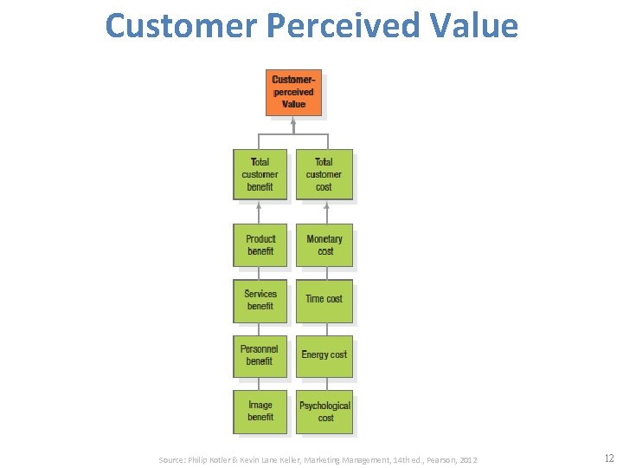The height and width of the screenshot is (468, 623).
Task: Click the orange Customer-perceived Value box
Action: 293,92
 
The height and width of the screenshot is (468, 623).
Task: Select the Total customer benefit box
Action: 260,174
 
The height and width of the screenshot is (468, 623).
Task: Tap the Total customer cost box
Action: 324,174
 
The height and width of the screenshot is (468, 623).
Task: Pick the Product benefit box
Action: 260,245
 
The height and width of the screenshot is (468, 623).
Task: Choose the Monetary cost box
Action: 324,245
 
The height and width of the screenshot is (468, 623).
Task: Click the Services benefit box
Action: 260,300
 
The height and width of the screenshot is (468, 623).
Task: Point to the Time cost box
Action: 324,300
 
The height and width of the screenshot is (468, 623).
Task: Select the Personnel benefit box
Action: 260,355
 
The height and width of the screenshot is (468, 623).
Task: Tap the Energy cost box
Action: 324,355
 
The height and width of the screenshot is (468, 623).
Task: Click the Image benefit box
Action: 260,411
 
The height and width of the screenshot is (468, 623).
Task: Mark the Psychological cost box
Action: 324,411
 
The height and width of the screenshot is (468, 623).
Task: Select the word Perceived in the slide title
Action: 350,26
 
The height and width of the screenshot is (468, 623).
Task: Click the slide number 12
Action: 609,458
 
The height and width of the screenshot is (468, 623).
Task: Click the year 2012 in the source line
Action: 468,459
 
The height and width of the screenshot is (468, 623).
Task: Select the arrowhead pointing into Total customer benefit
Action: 259,206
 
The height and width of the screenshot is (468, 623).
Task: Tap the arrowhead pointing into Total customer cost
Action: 325,206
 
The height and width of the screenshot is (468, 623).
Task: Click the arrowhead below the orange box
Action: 293,120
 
